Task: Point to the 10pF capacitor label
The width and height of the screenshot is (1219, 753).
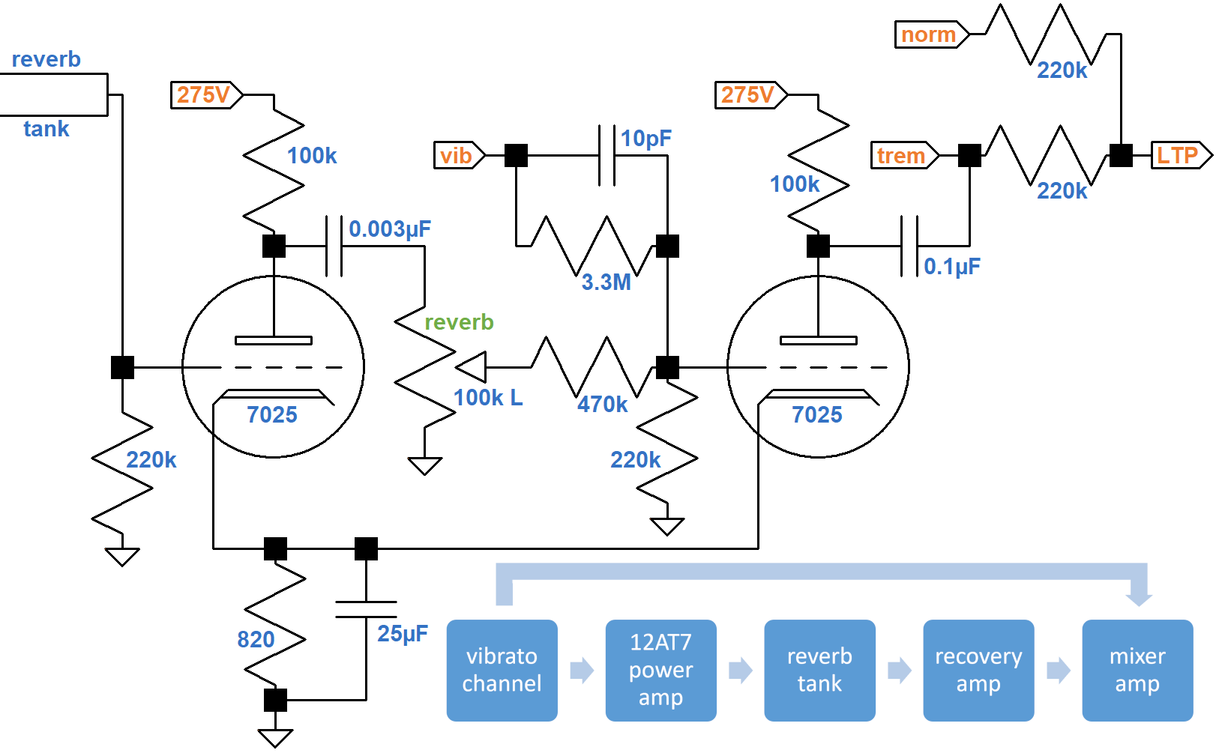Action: [645, 139]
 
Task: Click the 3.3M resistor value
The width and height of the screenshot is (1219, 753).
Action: [606, 282]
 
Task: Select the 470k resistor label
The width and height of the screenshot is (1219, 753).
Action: [602, 405]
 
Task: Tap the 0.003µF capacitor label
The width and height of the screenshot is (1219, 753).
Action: [390, 229]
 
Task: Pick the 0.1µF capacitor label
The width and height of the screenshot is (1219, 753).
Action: [952, 267]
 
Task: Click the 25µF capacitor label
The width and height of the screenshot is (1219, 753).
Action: [403, 634]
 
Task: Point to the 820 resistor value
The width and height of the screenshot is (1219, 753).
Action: [256, 640]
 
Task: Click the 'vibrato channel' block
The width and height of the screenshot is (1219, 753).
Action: [502, 670]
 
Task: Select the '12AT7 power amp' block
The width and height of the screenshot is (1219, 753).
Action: [660, 670]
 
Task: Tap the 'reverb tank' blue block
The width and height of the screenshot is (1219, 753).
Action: [819, 670]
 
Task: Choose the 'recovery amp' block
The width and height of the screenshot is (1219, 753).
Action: [978, 670]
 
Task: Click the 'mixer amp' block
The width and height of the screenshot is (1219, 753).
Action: [1137, 670]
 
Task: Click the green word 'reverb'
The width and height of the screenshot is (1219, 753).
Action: [459, 322]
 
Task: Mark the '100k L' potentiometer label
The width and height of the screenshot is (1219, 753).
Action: [487, 398]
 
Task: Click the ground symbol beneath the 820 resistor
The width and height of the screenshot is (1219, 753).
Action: [275, 737]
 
